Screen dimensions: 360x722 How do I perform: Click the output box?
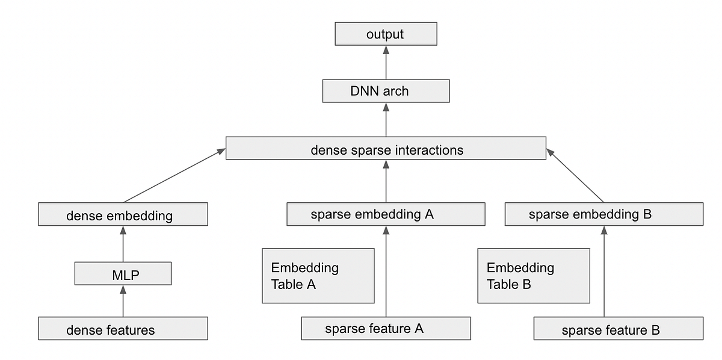386,34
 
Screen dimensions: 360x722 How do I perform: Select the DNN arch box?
386,91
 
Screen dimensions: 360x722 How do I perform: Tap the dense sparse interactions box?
386,148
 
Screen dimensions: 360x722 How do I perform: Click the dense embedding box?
123,214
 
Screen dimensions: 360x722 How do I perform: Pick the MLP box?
123,273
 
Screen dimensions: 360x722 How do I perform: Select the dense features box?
123,329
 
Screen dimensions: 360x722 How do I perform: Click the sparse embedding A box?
386,214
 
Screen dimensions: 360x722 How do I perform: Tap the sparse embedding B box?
603,214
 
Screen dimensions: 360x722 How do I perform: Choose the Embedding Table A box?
318,276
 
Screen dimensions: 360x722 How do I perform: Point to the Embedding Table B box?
534,276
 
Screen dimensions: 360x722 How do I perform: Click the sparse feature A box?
386,329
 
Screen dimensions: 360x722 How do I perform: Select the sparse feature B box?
618,329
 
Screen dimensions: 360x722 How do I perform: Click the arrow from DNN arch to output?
386,63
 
